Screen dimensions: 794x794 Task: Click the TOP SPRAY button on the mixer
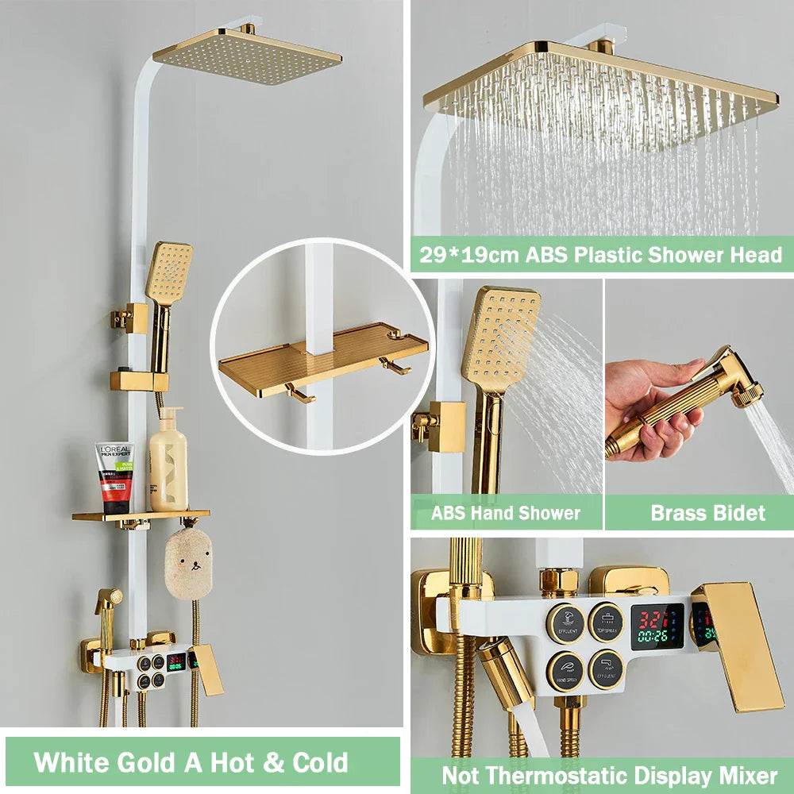606,622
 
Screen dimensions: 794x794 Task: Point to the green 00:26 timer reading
652,636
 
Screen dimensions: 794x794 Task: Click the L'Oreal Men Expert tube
114,476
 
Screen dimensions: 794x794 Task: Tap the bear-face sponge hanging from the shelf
188,561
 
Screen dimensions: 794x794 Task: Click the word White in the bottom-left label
75,762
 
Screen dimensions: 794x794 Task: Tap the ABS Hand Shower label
506,513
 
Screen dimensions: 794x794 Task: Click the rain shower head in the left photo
247,56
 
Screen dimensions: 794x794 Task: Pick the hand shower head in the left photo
168,273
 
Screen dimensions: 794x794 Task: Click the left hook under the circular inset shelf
300,394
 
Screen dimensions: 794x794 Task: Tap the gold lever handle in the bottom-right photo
738,644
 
